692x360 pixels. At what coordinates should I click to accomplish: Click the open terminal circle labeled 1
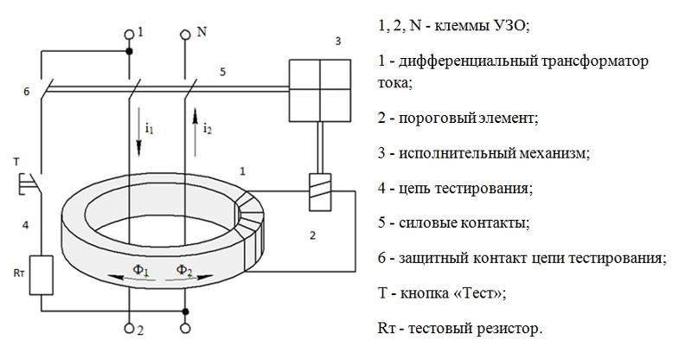129,35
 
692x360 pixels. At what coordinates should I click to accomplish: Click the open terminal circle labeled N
185,35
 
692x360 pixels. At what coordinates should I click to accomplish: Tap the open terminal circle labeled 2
129,328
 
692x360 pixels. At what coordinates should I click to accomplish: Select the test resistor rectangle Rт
41,275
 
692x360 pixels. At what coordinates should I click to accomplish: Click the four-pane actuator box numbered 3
320,91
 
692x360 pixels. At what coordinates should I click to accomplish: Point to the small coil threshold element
320,192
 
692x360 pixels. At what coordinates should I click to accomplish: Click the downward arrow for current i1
138,132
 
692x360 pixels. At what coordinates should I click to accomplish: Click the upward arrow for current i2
195,132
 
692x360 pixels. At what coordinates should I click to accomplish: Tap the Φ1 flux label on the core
140,269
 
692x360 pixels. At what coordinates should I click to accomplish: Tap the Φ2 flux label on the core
184,269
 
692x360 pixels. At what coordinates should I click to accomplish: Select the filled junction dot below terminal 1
129,51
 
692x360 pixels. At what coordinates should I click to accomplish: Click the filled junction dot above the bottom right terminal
185,312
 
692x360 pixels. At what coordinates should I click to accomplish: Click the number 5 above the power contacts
222,72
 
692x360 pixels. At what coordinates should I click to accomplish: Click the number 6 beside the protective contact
27,92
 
